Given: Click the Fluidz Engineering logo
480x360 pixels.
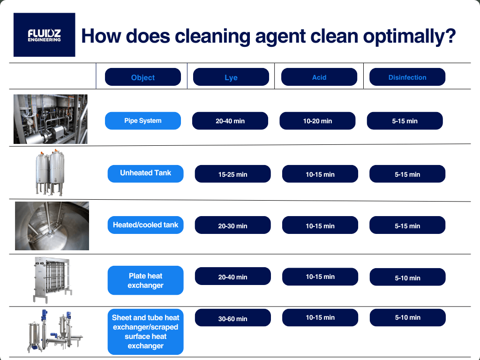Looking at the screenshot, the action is (x=45, y=35).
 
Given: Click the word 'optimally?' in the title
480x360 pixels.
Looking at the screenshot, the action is (x=410, y=37).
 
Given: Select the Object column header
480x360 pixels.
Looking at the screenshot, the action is (x=143, y=77).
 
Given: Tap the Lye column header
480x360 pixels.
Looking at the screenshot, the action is (x=231, y=77).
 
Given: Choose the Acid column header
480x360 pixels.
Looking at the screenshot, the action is (x=319, y=77).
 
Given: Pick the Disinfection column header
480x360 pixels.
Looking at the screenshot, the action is (x=407, y=77).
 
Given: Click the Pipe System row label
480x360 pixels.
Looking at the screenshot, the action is (x=143, y=120).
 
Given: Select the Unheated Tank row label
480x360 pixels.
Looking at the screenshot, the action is (x=146, y=173).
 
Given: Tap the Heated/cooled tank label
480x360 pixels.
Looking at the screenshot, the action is (x=146, y=225).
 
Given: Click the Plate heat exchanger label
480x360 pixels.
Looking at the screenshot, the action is (x=146, y=280).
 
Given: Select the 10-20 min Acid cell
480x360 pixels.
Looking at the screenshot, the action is (x=317, y=120).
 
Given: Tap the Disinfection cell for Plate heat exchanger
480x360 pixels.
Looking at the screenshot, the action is (x=408, y=277).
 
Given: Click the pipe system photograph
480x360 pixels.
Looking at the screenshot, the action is (x=51, y=119).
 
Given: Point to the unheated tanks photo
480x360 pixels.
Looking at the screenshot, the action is (x=50, y=172).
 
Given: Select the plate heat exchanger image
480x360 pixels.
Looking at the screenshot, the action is (x=52, y=280).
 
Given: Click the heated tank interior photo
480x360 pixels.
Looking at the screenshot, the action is (x=52, y=226).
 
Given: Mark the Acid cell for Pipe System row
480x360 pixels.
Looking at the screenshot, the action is (x=317, y=120).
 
